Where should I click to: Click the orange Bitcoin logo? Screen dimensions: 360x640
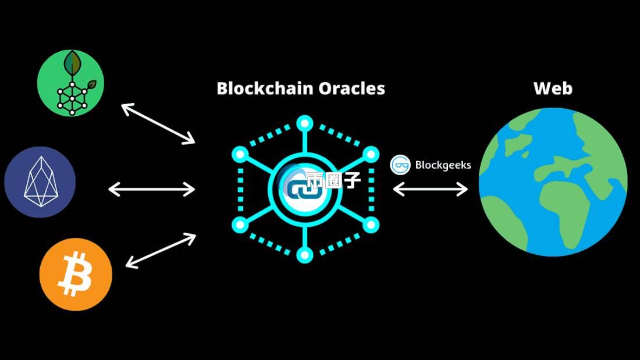coord(76,274)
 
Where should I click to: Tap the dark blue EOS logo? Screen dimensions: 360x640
coord(40,182)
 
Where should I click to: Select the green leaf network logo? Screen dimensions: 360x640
coord(71,83)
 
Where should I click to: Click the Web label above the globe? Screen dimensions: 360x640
coord(553,88)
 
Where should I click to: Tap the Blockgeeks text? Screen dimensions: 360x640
coord(443,165)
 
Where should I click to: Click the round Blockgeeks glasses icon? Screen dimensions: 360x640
coord(400,165)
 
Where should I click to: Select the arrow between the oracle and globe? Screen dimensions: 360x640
coord(431,189)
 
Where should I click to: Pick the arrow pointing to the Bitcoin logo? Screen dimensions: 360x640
coord(161,251)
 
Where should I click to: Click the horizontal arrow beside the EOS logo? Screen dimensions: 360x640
coord(152,189)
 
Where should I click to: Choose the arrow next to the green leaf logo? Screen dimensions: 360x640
coord(158,123)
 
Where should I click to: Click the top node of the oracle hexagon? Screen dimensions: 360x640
coord(304,123)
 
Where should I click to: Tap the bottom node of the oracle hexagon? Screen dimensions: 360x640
coord(304,254)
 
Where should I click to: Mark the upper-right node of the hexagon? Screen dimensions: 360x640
coord(371,154)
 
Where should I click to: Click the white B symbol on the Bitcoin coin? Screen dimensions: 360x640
coord(75,275)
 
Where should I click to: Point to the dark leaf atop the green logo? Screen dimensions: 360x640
coord(72,60)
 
